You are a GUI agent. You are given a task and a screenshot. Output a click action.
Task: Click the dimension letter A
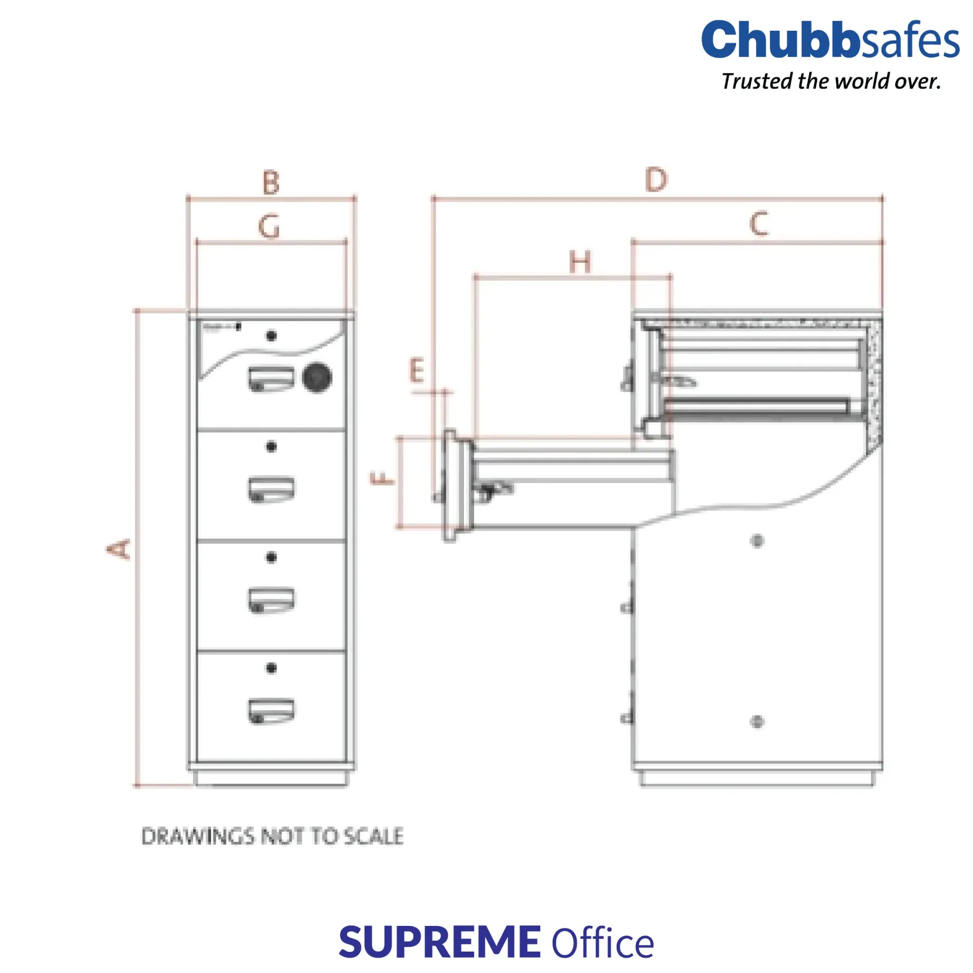coord(118,549)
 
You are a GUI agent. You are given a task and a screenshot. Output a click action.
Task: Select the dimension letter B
coord(271,183)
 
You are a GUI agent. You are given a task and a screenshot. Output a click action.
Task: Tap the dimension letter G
coord(269,226)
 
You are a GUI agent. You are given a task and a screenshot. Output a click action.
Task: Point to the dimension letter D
coord(656,180)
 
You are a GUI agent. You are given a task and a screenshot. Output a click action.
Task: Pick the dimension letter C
coord(759,223)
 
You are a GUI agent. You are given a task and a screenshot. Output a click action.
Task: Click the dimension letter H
coord(580,263)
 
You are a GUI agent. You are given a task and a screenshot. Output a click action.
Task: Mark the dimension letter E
coord(416,371)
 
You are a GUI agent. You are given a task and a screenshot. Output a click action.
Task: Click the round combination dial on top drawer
coord(317,377)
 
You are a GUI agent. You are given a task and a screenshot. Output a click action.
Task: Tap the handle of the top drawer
coord(271,378)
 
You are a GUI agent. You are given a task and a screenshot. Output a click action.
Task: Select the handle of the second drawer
coord(271,489)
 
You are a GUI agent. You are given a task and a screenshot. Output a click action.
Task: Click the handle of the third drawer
coord(271,600)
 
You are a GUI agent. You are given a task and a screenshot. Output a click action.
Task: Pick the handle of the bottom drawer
coord(271,710)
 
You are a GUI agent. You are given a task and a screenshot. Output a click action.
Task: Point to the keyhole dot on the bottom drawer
coord(271,668)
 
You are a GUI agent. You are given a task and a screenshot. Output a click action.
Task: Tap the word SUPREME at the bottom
coord(439,942)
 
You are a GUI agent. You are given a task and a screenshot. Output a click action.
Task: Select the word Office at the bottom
coord(602,943)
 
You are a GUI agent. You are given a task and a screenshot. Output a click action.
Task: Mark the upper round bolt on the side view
coord(757,541)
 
